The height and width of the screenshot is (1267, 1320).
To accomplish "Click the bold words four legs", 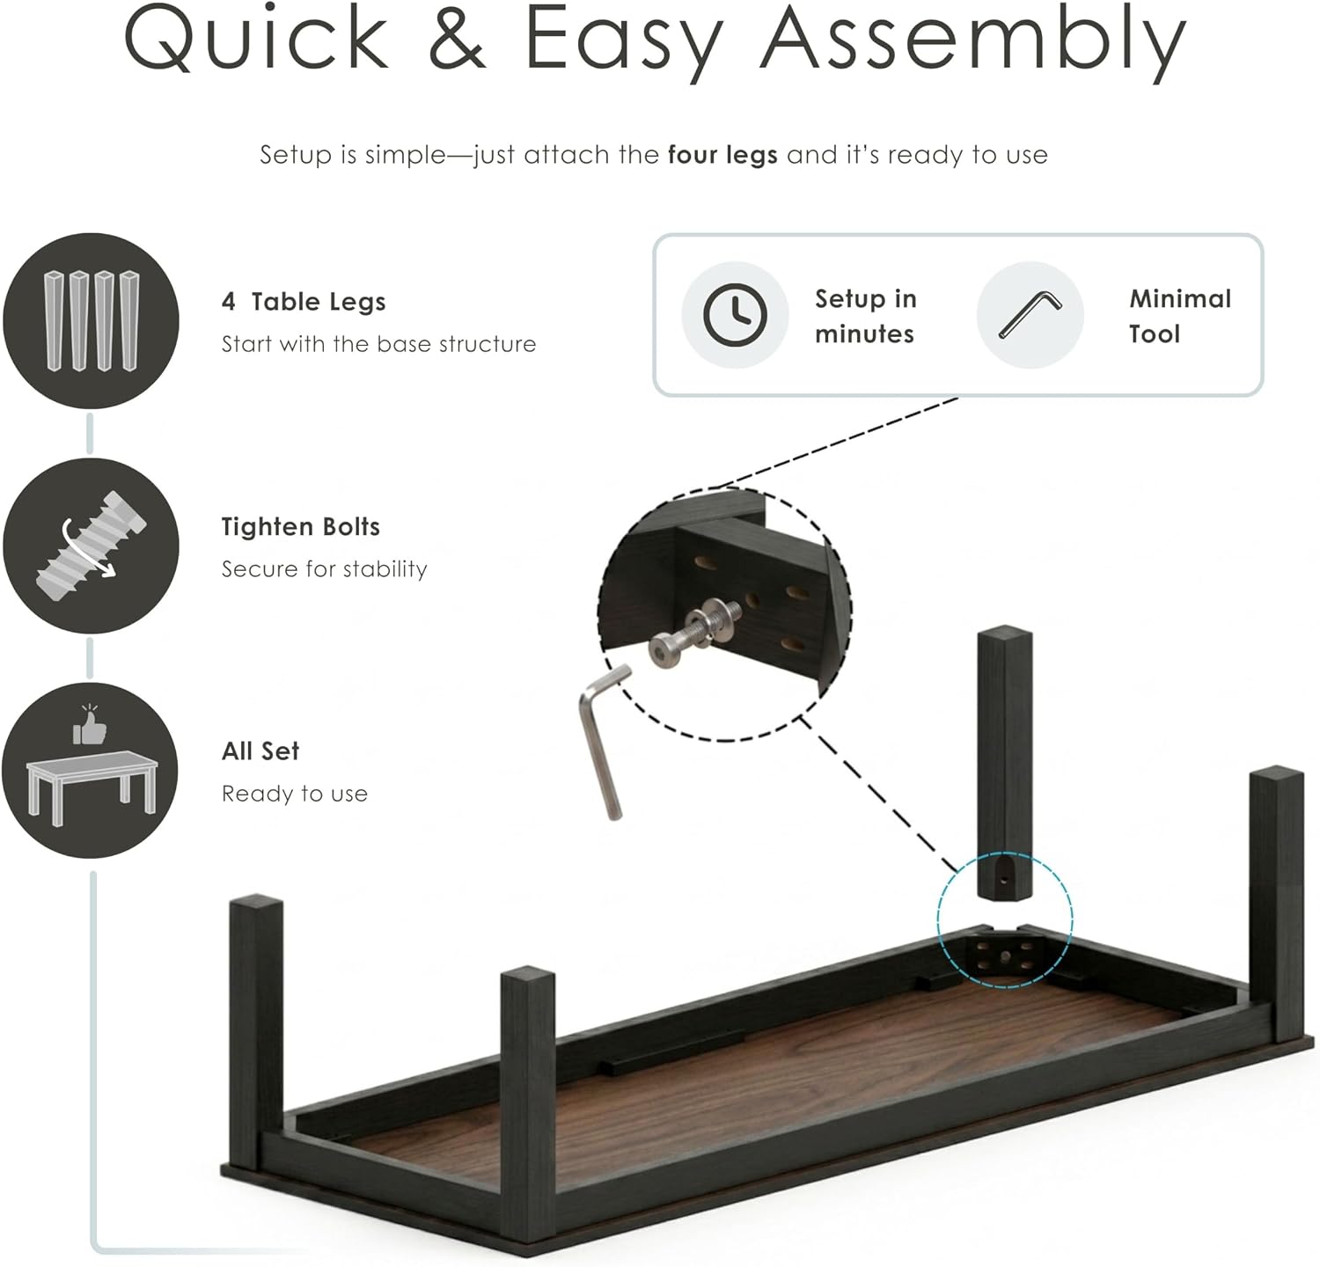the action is coord(722,155).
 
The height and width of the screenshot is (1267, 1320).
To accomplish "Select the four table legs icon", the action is coord(92,320).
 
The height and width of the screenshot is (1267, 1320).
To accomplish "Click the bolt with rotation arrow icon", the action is coord(92,546).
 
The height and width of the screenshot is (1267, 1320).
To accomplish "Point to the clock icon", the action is coord(735,315).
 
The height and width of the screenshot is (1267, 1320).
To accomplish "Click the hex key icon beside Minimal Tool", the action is coord(1030,314).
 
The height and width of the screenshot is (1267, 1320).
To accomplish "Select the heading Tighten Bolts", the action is coord(301,526).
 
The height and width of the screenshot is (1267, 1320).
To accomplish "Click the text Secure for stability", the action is coord(324,569).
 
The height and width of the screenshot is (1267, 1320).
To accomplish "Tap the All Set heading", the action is coord(260,751).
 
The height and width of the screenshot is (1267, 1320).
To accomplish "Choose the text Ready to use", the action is coord(295,794).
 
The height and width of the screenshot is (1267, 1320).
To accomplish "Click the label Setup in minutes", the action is coord(865,316).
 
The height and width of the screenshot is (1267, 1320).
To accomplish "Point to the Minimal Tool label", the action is coord(1180,316).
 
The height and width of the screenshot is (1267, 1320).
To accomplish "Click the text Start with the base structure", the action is coord(378,344).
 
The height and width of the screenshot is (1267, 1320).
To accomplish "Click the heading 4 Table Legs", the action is coord(304,302).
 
